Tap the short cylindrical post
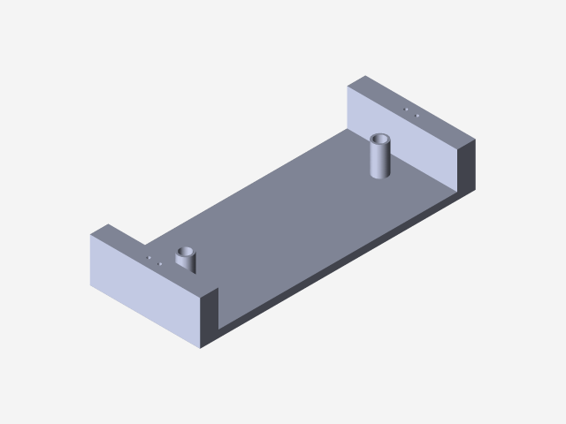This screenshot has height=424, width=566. tap(187, 262)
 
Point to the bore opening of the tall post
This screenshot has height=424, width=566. tap(381, 140)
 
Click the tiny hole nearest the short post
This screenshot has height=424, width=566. tap(158, 263)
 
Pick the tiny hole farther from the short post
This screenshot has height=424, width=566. tap(149, 257)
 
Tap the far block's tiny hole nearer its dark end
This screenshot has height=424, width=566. tap(417, 116)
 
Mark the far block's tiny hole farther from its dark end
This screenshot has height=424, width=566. tap(405, 110)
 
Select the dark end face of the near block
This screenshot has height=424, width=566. tap(210, 318)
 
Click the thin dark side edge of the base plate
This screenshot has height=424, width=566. tap(354, 256)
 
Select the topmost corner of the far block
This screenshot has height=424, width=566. tap(363, 78)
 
